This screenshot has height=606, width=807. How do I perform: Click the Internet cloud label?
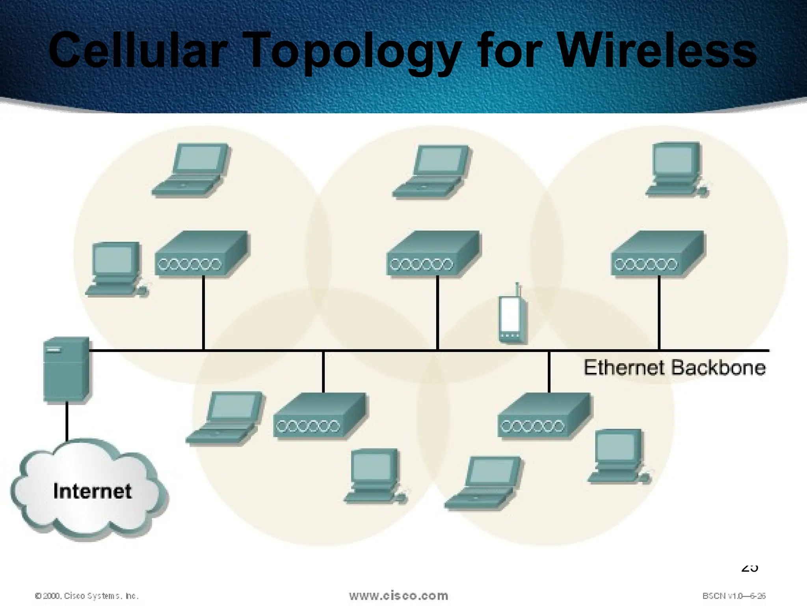point(92,491)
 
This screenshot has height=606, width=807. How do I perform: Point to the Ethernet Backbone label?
point(674,368)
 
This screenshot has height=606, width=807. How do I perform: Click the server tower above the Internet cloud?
point(66,369)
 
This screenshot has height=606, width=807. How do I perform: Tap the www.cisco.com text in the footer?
point(398,595)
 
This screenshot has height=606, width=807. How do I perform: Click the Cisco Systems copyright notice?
point(87,596)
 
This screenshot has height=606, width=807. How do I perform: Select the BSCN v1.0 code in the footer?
point(734,596)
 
